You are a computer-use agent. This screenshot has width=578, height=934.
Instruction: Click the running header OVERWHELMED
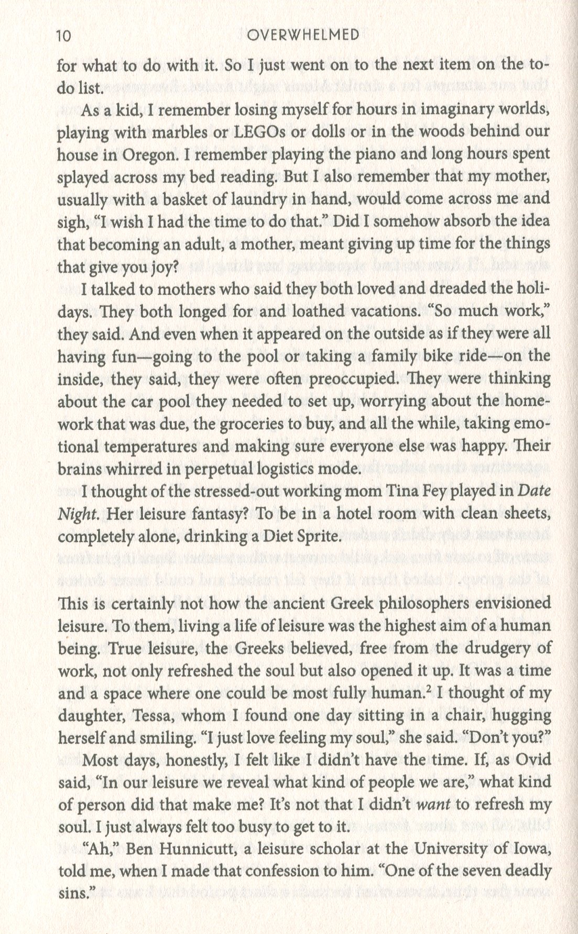(x=303, y=36)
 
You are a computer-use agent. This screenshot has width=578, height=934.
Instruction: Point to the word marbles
(x=172, y=131)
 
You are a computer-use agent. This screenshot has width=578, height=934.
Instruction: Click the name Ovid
(x=533, y=760)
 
